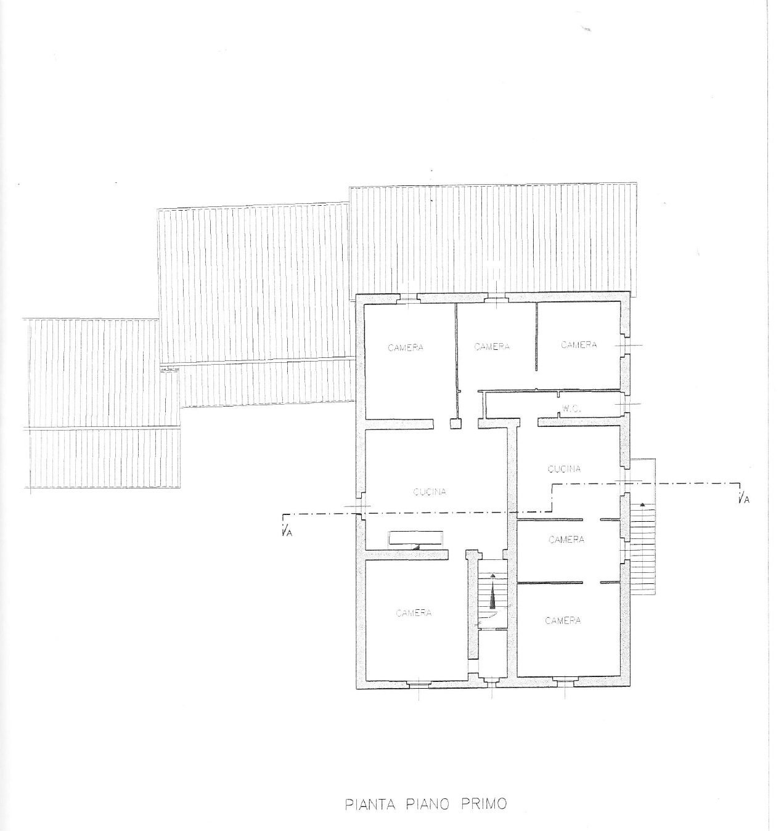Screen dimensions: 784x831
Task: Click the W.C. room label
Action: coord(571,409)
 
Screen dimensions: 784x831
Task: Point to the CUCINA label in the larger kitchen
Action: coord(430,492)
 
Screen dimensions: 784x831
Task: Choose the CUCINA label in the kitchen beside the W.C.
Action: coord(564,469)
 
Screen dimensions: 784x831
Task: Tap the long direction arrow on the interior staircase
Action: coord(493,591)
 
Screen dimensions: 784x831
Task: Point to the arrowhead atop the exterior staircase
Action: coord(642,505)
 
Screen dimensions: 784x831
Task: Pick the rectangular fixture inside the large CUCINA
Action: coord(415,538)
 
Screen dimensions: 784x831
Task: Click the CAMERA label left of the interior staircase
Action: coord(414,613)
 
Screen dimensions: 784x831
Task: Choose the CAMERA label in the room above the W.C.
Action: coord(579,345)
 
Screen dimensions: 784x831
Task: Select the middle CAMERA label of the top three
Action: coord(492,346)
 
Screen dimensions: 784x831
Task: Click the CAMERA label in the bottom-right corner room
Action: coord(563,620)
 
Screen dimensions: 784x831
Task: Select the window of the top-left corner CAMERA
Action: coord(408,298)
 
